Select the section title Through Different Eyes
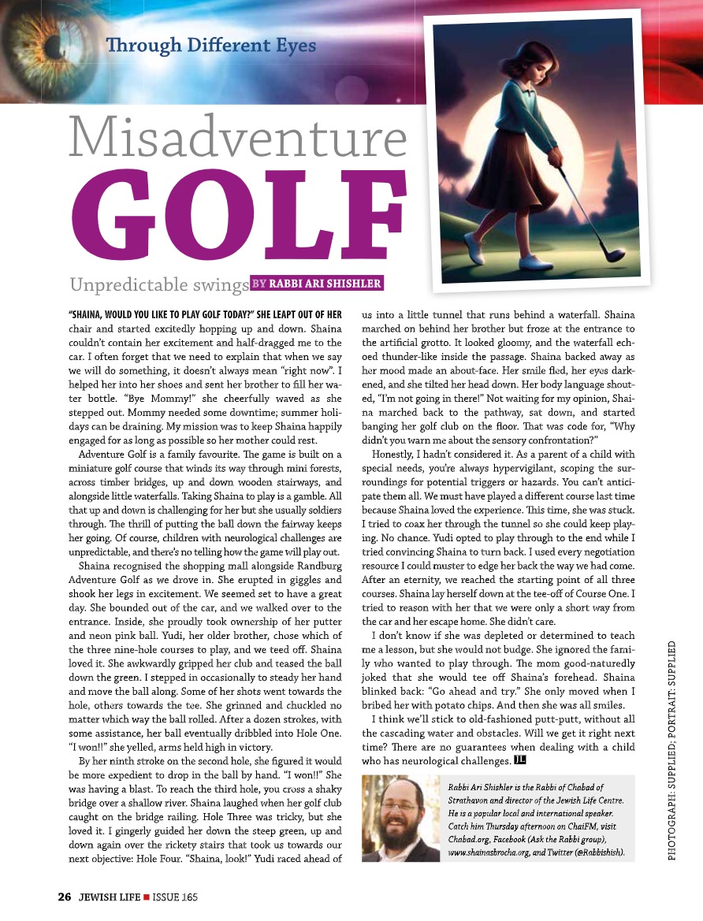pyautogui.click(x=212, y=45)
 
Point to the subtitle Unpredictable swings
pyautogui.click(x=158, y=284)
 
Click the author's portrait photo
pyautogui.click(x=400, y=819)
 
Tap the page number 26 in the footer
pyautogui.click(x=65, y=897)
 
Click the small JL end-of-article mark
pyautogui.click(x=519, y=759)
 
